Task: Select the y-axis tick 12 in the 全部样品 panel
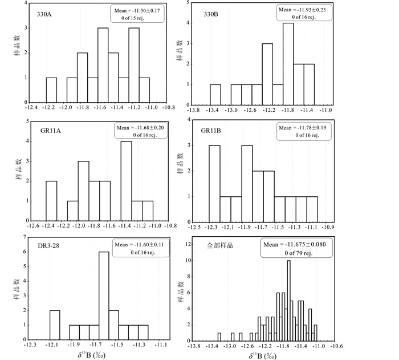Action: pos(189,237)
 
